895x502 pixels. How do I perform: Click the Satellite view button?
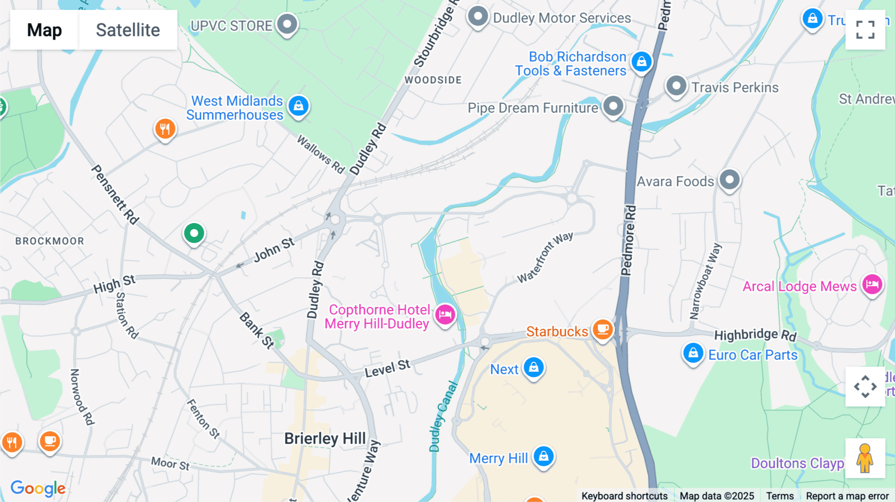coord(128,30)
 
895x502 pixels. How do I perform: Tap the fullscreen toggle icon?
coord(865,30)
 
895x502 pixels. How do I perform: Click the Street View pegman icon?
coord(865,458)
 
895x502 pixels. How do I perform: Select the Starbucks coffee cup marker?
coord(603,330)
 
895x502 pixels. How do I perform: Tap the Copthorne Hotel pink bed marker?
coord(445,314)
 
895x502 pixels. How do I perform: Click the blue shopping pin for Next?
coord(534,368)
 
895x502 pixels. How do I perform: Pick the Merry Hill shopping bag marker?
coord(543,456)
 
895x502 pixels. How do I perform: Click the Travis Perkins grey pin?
coord(676,86)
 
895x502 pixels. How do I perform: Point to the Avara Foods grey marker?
coord(729,179)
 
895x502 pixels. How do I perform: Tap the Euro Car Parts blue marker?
coord(693,353)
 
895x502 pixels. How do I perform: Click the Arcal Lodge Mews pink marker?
coord(872,285)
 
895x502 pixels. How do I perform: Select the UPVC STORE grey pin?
coord(287,24)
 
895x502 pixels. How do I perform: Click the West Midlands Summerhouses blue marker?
coord(298,106)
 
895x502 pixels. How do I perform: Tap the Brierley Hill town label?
coord(325,438)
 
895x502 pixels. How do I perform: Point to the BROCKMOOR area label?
coord(50,241)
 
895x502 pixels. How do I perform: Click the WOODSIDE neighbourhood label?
coord(433,80)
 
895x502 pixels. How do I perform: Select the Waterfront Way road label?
coord(545,257)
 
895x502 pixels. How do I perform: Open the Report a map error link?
coord(847,496)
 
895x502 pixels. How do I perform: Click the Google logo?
coord(38,488)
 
